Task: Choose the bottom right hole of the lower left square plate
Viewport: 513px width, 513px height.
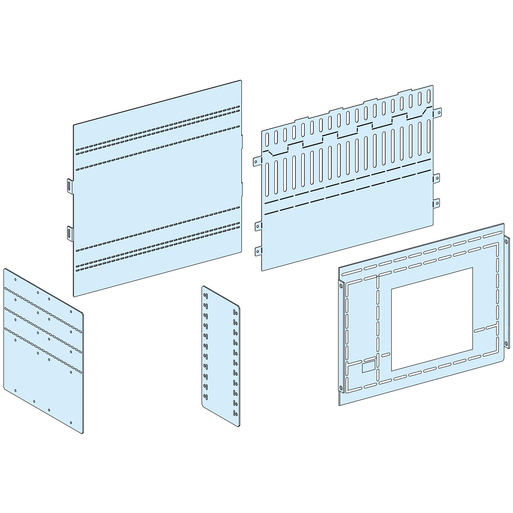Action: coord(71,422)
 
